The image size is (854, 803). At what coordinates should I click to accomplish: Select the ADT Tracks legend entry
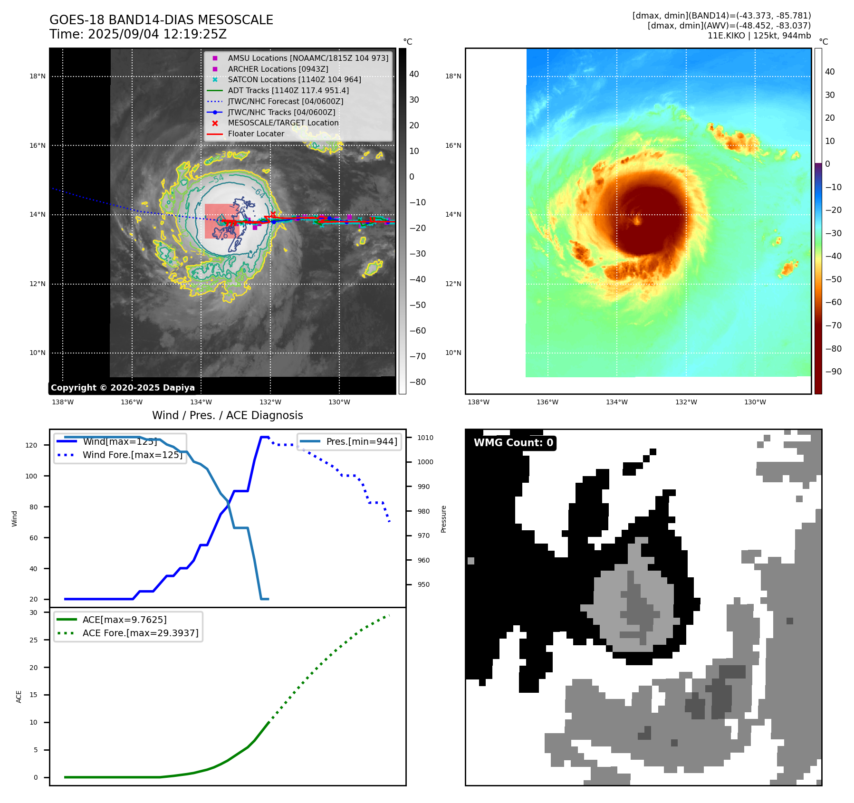point(288,90)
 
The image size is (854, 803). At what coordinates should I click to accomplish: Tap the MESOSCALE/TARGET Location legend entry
point(283,123)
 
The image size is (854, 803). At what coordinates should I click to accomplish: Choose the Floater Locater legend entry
point(256,134)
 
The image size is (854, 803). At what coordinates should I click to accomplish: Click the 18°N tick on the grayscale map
point(38,76)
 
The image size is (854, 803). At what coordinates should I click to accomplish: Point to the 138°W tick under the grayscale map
point(63,402)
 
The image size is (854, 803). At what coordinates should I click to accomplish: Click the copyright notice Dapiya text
point(123,388)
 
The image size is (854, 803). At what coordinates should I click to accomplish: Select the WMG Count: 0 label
point(513,443)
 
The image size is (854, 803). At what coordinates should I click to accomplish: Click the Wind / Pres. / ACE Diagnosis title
point(227,415)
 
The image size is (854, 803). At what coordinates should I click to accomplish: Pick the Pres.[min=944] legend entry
point(361,441)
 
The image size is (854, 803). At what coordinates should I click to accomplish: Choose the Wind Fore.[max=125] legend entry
point(132,455)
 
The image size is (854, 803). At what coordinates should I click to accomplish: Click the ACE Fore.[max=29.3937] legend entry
point(140,633)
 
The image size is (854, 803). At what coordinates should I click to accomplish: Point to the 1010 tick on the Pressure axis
point(425,438)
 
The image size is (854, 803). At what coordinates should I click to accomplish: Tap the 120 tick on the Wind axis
point(31,445)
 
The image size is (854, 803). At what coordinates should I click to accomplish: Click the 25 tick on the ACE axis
point(33,640)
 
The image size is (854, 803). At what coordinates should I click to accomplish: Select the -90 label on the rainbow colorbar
point(833,372)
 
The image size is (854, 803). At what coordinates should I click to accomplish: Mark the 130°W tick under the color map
point(755,402)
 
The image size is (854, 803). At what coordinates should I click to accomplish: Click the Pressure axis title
point(443,519)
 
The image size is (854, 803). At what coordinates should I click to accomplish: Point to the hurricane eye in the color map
point(637,220)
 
